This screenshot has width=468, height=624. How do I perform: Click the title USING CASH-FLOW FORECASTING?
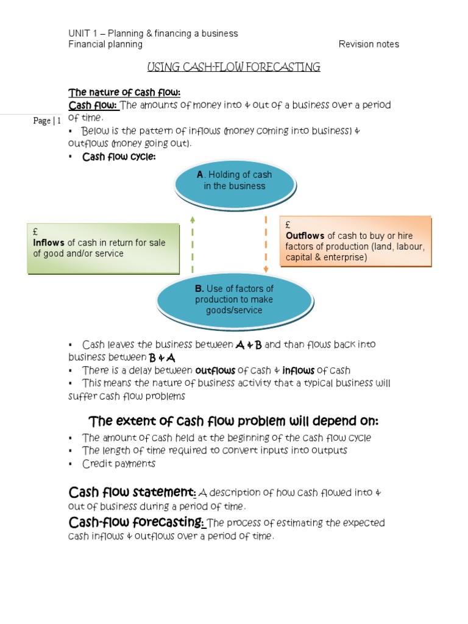233,67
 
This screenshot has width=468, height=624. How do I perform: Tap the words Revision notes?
369,44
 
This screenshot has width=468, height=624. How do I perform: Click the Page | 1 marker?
47,121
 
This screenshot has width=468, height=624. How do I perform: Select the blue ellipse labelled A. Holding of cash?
235,185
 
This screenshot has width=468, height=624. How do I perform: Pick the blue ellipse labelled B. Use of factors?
235,301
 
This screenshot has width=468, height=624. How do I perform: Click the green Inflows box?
104,249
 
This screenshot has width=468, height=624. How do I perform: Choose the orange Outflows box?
356,241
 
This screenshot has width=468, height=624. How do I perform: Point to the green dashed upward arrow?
193,244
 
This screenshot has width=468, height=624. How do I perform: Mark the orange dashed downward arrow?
266,244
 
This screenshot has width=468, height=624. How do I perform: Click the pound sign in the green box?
35,232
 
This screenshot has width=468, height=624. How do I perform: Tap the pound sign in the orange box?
288,225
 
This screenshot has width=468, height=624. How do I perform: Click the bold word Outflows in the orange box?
305,236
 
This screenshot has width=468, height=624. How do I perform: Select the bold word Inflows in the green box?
49,243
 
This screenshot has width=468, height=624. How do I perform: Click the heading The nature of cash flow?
124,93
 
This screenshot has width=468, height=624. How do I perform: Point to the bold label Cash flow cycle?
119,157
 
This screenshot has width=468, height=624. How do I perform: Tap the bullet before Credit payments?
71,464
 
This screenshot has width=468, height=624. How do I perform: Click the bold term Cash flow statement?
132,492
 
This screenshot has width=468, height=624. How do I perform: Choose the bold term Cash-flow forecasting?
136,522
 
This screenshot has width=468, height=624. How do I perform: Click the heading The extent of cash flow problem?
233,421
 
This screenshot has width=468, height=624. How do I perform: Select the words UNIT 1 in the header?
83,34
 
